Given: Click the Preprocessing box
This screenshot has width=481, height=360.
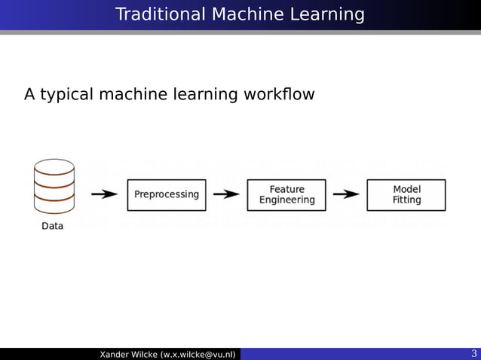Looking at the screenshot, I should click(167, 194).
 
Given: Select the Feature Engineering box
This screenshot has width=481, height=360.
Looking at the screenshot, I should click(286, 195).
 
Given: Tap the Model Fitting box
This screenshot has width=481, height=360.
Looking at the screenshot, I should click(406, 195).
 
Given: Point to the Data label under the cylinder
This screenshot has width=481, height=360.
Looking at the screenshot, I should click(52, 226).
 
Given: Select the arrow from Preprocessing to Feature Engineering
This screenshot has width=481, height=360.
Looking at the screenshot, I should click(226, 194).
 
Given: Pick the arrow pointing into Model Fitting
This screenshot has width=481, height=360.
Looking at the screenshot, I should click(346, 194).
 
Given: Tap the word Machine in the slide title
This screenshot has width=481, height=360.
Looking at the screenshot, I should click(247, 14).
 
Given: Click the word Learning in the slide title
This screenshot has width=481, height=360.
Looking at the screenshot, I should click(327, 14).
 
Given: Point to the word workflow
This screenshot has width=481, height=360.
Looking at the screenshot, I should click(279, 95).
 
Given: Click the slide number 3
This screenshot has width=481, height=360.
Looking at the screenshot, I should click(473, 354).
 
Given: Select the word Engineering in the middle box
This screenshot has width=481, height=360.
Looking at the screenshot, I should click(286, 200).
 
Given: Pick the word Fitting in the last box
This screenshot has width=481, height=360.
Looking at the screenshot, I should click(406, 200).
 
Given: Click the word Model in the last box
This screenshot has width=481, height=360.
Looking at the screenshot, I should click(406, 189).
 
